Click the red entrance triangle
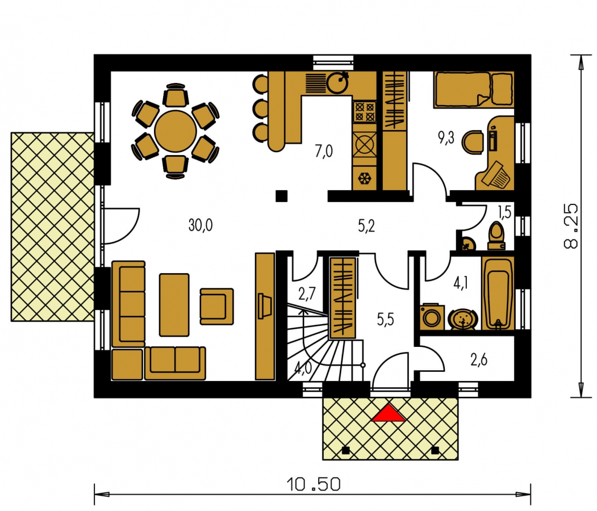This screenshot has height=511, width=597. tap(388, 413)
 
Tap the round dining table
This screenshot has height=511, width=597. tap(176, 131)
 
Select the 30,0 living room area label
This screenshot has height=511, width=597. tap(201, 225)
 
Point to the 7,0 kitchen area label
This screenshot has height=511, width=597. tap(324, 151)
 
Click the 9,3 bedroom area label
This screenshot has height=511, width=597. tap(446, 138)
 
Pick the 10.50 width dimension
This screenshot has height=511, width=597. tap(314, 484)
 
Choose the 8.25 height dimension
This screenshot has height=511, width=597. tap(571, 227)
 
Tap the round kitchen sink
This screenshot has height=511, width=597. tap(337, 83)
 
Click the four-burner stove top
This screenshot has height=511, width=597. tap(365, 111)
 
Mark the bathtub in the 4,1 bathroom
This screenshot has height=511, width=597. tap(498, 294)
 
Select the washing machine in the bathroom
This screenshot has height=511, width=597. tap(432, 316)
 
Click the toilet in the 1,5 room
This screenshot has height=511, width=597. tap(496, 236)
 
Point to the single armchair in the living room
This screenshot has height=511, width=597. tap(216, 306)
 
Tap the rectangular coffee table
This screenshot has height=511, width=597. tap(174, 305)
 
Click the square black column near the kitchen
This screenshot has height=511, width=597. tap(281, 195)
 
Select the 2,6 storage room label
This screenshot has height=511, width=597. tap(479, 359)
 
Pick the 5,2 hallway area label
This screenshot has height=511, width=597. tap(366, 226)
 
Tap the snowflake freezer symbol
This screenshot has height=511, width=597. tap(365, 178)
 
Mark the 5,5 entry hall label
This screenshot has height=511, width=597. tap(385, 320)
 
